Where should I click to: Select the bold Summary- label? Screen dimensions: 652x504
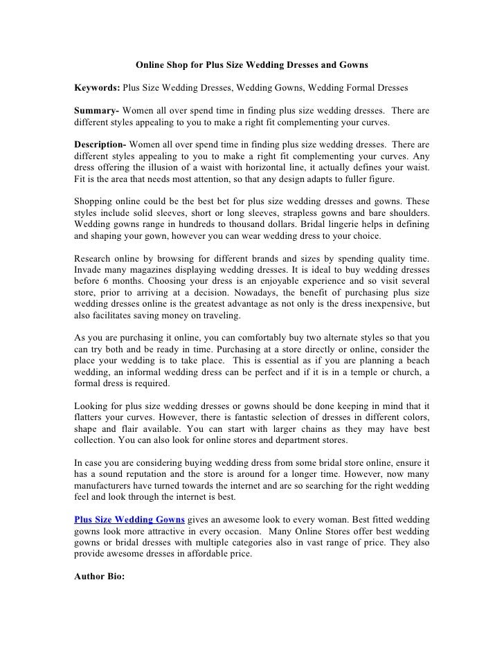[97, 111]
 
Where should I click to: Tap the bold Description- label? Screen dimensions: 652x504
[100, 145]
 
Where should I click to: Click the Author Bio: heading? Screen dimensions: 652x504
[99, 574]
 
